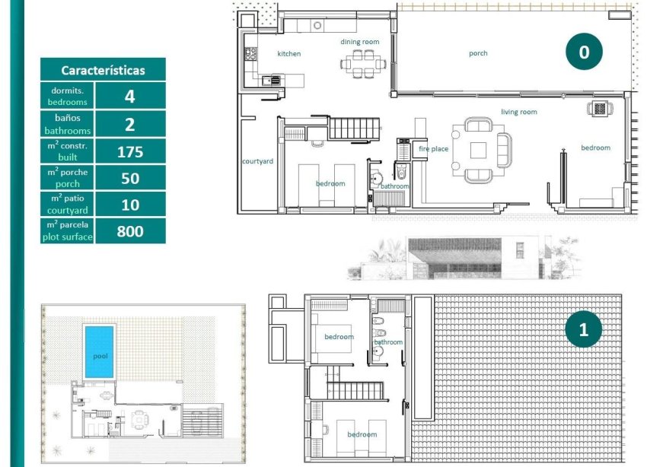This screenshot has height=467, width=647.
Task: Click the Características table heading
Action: pos(103,70)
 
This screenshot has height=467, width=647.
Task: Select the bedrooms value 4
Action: pos(130,97)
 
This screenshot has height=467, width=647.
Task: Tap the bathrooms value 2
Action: pos(130,124)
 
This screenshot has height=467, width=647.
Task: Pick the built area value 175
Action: pos(130,151)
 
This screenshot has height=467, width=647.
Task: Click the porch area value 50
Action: pos(130,178)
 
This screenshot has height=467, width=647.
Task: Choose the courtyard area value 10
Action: pos(130,205)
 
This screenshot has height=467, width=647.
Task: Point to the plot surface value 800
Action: pos(130,231)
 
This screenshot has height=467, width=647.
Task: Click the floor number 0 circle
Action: pos(584,52)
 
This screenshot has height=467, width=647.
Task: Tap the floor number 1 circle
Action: pos(584,329)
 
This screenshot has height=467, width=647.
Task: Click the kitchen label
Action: pos(288,54)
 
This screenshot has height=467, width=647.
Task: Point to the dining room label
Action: pos(359,42)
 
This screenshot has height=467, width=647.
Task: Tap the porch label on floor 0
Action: pos(478,53)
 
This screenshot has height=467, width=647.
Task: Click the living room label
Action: pos(518,112)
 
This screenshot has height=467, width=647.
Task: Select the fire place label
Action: pos(433,149)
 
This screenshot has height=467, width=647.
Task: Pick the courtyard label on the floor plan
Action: pos(257,161)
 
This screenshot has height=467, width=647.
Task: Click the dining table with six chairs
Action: pos(363,63)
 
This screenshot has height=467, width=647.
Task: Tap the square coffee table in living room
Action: pos(478,150)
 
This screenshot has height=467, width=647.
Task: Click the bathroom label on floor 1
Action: pos(388,342)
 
